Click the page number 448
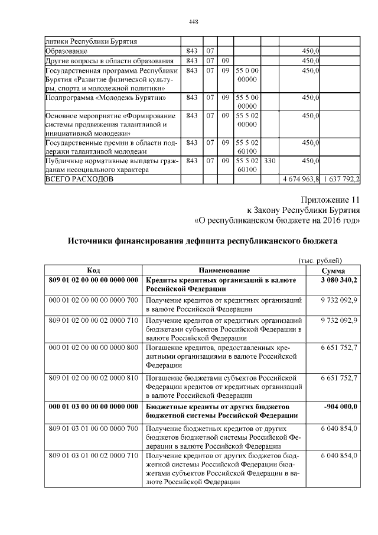coord(193,22)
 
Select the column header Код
coord(93,270)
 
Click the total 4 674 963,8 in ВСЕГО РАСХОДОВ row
coord(301,179)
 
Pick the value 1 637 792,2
coord(341,179)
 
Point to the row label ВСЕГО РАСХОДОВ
coord(79,179)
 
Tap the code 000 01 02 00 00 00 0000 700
coord(93,300)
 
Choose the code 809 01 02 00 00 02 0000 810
coord(93,377)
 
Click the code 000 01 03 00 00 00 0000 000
coord(93,407)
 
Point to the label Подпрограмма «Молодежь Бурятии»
coord(105,97)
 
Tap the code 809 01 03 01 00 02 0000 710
coord(93,456)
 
